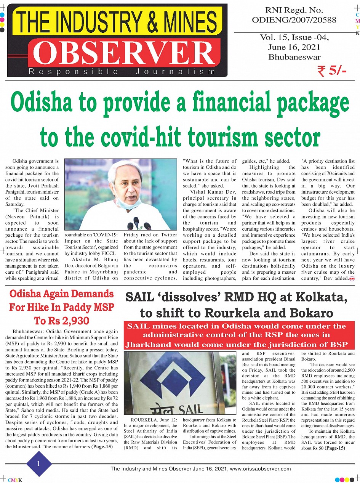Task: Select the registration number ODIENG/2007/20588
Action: tap(294, 20)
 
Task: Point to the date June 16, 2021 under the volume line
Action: tap(294, 48)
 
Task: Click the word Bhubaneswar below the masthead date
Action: tap(294, 57)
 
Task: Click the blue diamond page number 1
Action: tap(38, 463)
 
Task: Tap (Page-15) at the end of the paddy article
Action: tap(102, 446)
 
